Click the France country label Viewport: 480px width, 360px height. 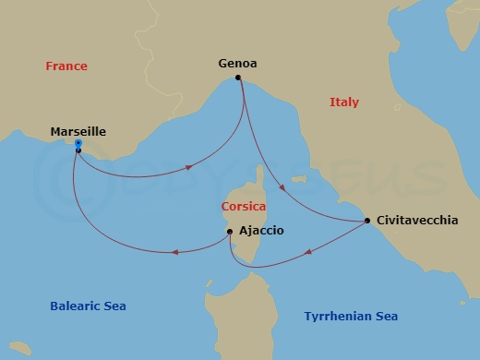66,66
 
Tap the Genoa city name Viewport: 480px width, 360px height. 237,64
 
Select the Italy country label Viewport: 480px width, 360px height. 344,102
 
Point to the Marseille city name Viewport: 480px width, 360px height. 78,132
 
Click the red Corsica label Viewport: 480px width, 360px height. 244,207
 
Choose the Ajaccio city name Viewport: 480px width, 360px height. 261,231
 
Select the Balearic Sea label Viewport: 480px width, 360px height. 88,306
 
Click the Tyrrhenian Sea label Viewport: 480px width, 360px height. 351,317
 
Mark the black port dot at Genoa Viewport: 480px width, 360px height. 238,78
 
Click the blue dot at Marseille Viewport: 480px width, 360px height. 78,143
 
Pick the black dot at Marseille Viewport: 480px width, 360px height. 78,150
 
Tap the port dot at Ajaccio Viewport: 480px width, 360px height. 230,232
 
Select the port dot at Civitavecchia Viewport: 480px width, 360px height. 367,221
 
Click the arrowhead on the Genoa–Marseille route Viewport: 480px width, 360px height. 189,168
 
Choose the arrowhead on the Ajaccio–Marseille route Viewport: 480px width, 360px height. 174,251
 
